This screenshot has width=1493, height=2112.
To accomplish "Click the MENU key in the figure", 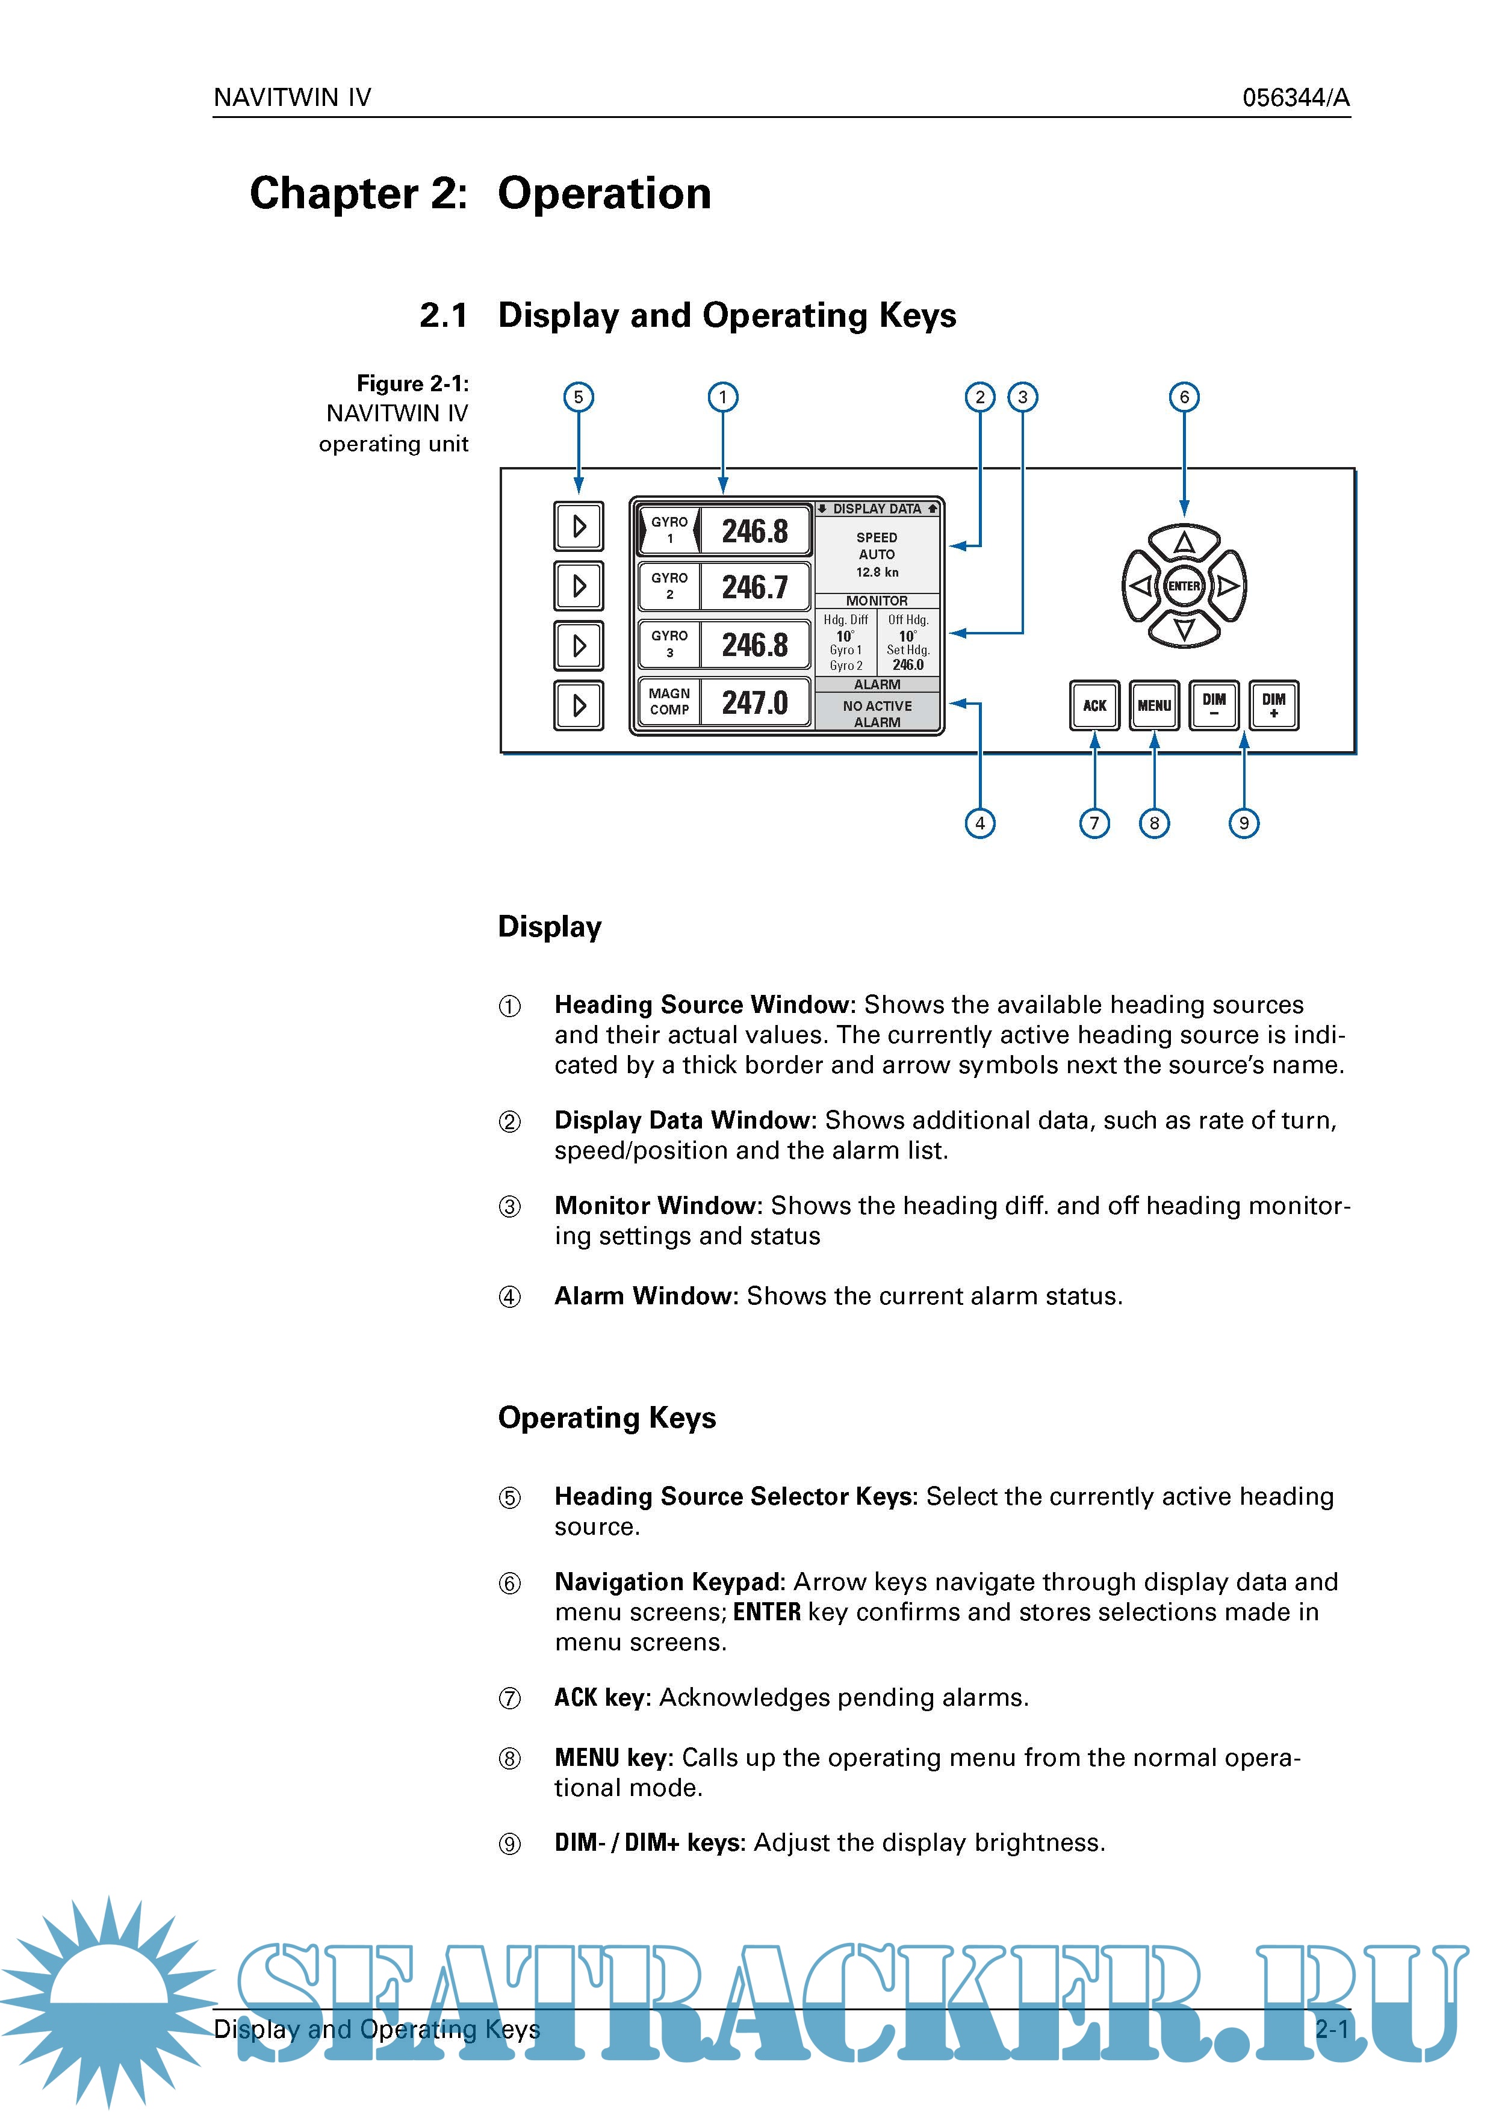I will point(1153,705).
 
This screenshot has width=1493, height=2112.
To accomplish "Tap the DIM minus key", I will point(1213,705).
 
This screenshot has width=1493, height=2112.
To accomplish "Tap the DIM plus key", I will point(1273,705).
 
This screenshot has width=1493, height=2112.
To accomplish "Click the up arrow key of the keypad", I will point(1184,543).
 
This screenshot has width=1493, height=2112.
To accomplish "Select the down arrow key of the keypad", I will point(1184,629).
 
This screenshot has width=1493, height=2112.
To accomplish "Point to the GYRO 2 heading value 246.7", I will point(754,587).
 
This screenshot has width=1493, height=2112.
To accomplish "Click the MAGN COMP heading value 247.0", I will point(754,703).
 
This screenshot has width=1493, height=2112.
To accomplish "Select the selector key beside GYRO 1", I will point(579,526).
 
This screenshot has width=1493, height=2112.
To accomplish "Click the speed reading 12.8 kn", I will point(877,572).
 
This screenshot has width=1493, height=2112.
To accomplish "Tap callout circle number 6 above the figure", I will point(1184,397).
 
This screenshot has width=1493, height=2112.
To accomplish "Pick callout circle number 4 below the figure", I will point(979,823).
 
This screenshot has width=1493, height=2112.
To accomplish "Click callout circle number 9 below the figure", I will point(1244,823).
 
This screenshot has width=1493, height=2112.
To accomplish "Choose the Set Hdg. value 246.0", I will point(908,665).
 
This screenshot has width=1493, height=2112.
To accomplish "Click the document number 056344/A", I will point(1295,98).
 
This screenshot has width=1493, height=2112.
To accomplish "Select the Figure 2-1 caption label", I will point(412,383).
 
